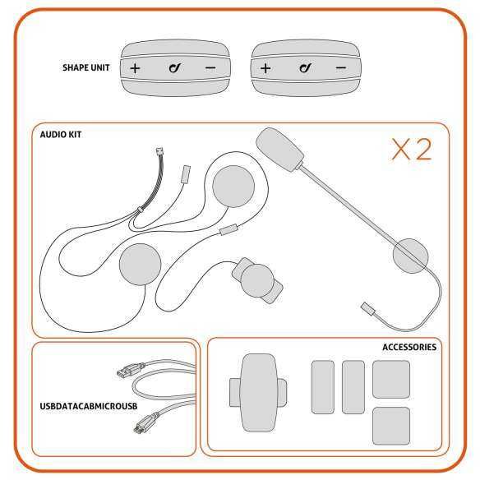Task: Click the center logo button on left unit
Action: (x=174, y=67)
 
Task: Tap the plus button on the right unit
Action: (x=265, y=67)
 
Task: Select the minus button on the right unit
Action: (x=341, y=67)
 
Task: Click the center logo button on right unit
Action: (x=304, y=67)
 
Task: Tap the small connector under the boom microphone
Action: (x=369, y=310)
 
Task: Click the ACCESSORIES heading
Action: (x=409, y=347)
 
